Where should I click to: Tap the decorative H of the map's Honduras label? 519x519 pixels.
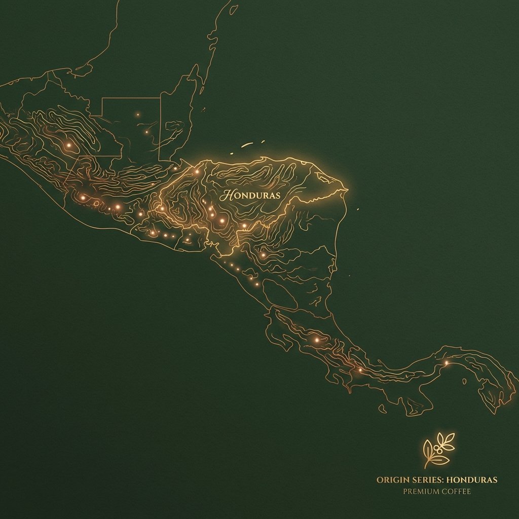226,195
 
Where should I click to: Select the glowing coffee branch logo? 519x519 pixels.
439,449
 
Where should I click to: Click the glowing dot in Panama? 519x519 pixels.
447,363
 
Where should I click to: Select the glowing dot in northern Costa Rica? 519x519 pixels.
317,340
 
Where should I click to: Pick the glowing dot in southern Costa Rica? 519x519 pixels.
360,369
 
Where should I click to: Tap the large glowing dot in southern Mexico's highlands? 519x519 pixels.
69,145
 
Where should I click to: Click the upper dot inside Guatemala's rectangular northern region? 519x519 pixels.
137,115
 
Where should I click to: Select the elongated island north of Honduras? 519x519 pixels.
247,145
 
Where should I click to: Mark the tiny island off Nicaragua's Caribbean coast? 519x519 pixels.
359,207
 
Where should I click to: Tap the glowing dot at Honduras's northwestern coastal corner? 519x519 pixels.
197,172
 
